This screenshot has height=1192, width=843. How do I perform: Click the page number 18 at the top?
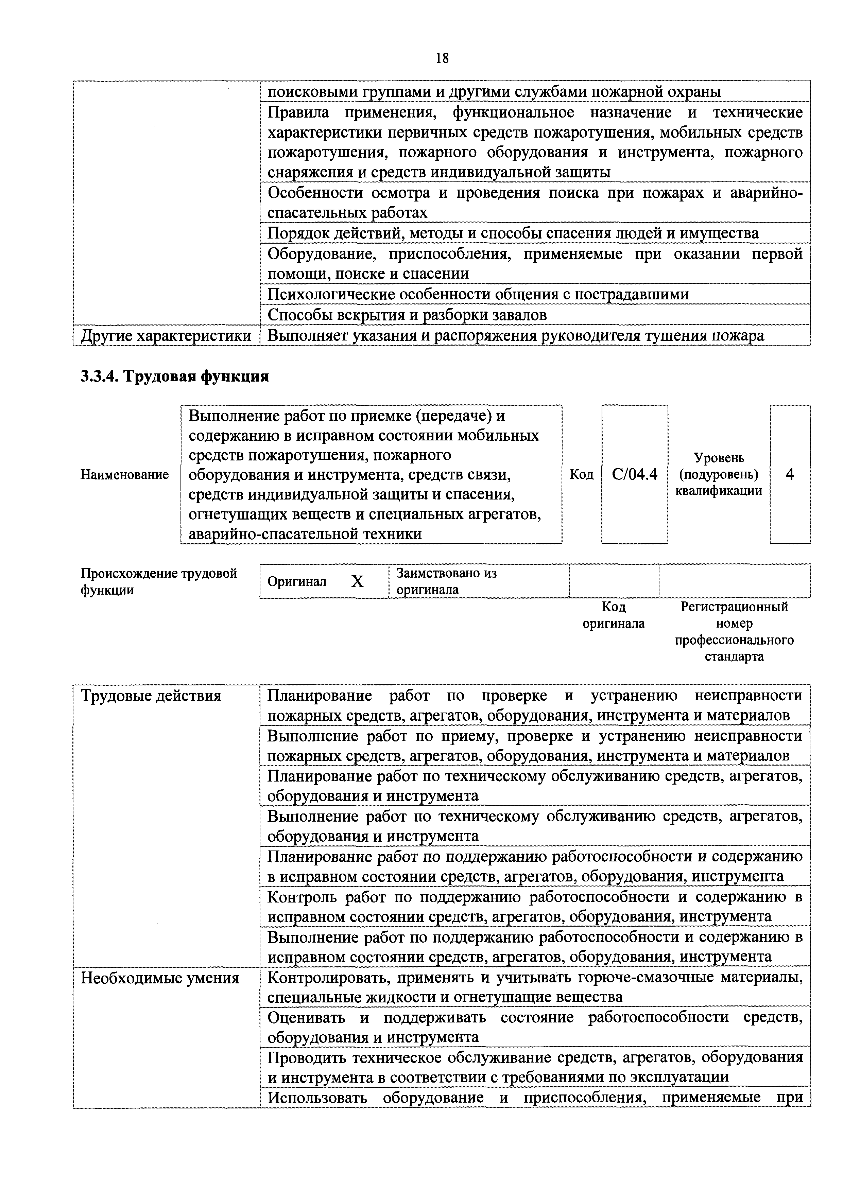coord(442,58)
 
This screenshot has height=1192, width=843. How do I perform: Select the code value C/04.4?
coord(634,474)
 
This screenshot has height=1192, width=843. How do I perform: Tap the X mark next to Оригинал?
coord(357,581)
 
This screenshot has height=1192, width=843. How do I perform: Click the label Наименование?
coord(125,474)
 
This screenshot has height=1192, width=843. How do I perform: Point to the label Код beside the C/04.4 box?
coord(582,474)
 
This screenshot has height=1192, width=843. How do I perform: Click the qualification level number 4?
coord(790,474)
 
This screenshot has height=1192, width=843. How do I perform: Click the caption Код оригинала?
coord(614,615)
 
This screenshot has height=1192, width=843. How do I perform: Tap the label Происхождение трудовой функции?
coord(158,581)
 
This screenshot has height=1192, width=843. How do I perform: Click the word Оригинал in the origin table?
coord(297,581)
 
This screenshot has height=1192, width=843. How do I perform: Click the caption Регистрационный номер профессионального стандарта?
coord(734,631)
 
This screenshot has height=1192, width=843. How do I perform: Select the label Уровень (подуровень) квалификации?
coord(719,474)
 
